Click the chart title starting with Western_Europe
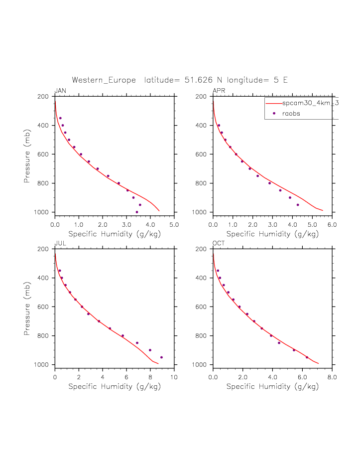180,80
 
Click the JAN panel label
60,90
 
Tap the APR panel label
219,90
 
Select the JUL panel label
60,243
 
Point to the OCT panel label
219,243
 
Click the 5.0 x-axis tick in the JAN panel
174,225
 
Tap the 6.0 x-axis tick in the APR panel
332,225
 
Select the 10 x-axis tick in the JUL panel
174,377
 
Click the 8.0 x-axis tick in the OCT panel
332,377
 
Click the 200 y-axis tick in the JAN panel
42,97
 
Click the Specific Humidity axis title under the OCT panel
272,386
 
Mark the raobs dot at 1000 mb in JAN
137,212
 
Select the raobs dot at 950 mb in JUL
161,357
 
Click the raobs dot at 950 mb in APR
298,205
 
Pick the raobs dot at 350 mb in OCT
218,271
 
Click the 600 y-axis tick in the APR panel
201,155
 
